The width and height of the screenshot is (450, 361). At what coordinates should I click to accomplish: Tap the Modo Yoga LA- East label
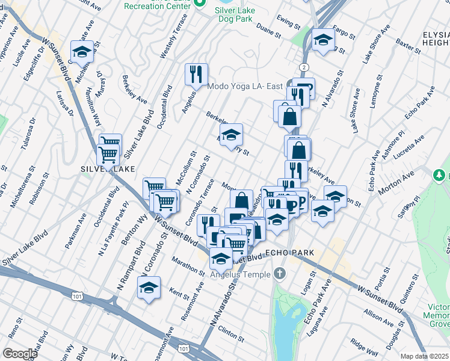tap(245, 87)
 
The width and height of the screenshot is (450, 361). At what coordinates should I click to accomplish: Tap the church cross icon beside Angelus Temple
tap(279, 274)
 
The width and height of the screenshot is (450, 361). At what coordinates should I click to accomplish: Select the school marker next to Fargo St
tap(323, 40)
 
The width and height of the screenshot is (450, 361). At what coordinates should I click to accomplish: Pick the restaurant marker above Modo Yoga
tap(196, 75)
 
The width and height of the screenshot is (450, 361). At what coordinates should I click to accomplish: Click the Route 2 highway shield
tap(306, 66)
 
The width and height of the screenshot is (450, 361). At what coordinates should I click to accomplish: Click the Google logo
tap(20, 354)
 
